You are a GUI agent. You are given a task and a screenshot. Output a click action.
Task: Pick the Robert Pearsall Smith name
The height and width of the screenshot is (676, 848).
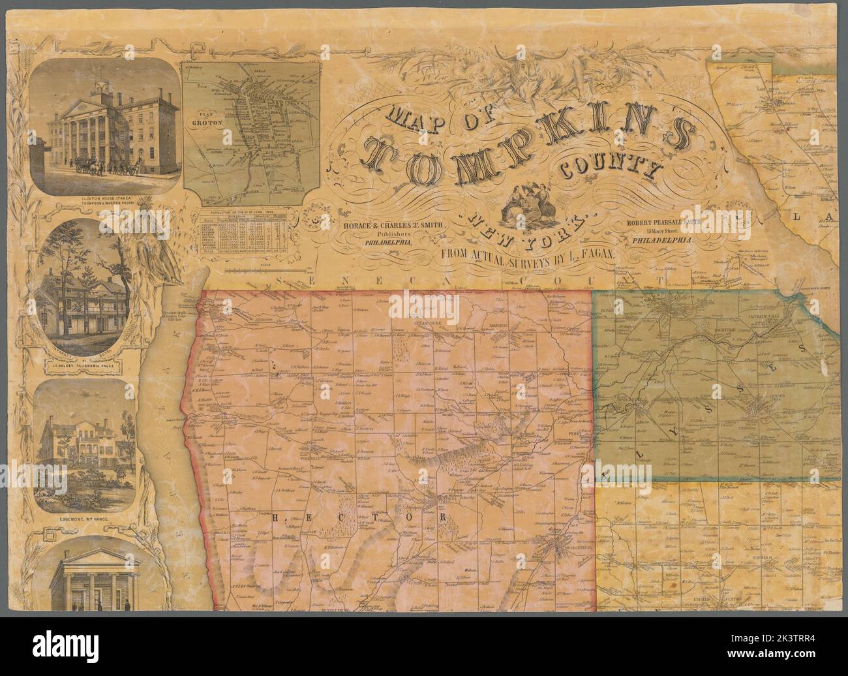click(x=669, y=222)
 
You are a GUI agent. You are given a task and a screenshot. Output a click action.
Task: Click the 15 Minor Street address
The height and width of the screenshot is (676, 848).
click(x=667, y=232)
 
